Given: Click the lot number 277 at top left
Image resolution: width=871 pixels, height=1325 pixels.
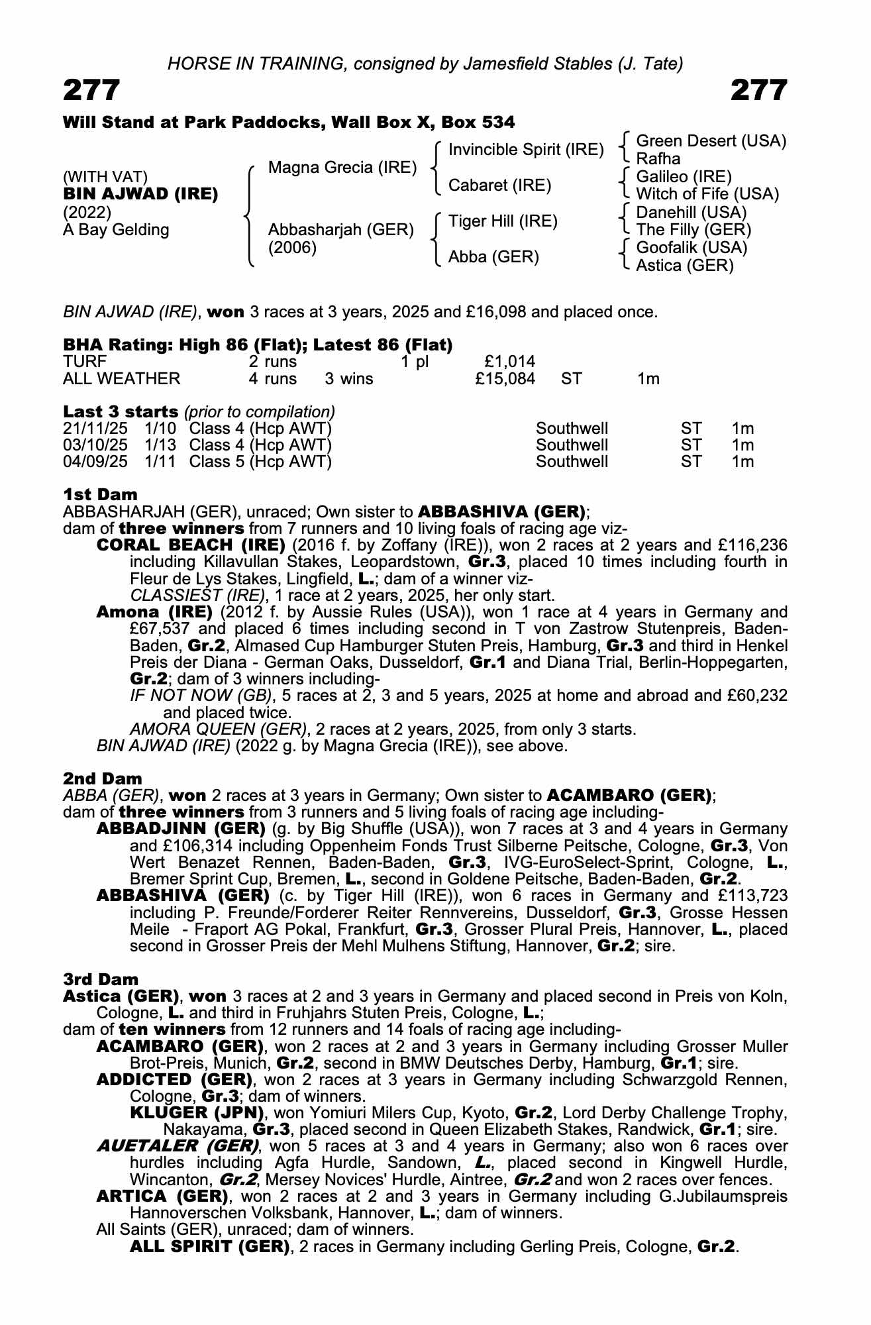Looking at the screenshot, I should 92,91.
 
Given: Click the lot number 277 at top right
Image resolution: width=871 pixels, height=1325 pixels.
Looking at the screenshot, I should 759,91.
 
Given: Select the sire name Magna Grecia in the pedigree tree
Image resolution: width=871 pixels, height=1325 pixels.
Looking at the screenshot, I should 342,168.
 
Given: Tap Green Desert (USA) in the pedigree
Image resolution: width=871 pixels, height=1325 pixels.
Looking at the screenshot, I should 711,141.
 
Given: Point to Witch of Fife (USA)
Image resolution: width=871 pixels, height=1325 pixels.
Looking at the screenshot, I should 707,194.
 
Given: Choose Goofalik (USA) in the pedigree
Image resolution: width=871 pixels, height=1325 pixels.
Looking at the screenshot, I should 692,248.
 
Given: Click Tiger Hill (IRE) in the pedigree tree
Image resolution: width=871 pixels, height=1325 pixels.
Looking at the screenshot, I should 503,221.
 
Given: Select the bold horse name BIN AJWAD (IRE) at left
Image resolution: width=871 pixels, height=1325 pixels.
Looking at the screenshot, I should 140,194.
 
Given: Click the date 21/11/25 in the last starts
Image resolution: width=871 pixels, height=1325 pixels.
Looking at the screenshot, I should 95,429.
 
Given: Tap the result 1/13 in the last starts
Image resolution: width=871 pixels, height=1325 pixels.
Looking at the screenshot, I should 160,445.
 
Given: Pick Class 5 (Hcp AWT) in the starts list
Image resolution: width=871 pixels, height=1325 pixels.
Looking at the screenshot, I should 260,462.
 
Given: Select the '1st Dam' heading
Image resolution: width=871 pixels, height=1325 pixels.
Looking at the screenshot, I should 101,494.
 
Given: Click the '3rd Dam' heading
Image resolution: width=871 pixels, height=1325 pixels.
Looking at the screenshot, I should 101,979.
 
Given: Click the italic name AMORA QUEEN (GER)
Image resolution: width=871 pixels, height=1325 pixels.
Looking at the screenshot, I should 219,729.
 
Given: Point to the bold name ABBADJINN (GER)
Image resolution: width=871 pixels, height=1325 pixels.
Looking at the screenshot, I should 181,829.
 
